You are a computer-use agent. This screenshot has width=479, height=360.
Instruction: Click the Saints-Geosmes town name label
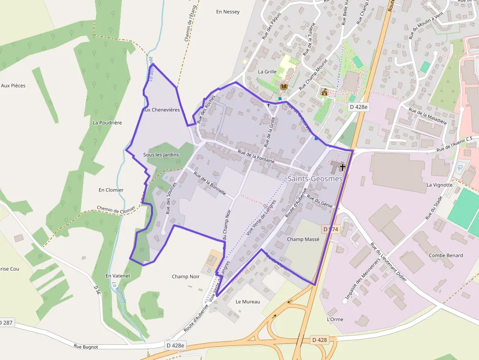(x=315, y=179)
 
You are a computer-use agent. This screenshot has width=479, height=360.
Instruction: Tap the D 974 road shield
(x=331, y=229)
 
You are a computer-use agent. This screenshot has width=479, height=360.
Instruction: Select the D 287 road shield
(x=6, y=323)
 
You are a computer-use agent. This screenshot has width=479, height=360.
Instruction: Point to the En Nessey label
(x=228, y=12)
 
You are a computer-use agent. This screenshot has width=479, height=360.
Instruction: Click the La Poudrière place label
(x=107, y=123)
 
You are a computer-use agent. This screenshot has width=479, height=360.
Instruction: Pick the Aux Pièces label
(x=13, y=85)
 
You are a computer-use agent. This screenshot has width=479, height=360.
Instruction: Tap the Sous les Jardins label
(x=161, y=155)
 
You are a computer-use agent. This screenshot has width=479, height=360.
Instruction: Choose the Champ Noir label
(x=186, y=276)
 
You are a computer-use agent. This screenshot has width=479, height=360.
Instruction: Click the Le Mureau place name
(x=248, y=301)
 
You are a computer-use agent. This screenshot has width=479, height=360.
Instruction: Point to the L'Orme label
(x=335, y=319)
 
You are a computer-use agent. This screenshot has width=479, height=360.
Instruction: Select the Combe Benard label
(x=446, y=255)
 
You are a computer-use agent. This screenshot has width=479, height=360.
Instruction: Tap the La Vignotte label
(x=440, y=185)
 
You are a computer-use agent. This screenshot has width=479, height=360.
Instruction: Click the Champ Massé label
(x=303, y=239)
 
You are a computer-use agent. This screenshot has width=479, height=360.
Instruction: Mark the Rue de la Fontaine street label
(x=256, y=156)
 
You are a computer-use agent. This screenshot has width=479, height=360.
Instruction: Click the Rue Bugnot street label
(x=86, y=346)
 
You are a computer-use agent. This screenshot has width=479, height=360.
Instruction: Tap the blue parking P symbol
(x=459, y=168)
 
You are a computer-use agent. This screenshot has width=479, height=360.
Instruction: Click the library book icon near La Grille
(x=283, y=86)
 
